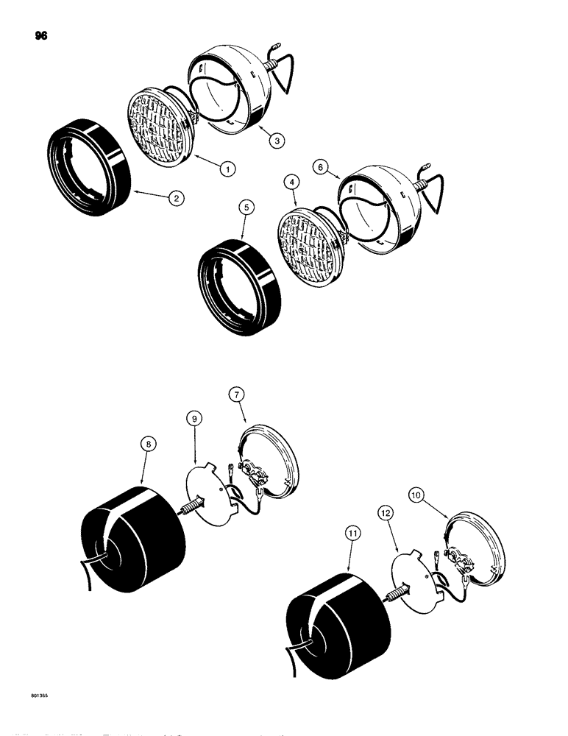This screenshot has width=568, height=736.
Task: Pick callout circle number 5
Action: (x=246, y=208)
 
